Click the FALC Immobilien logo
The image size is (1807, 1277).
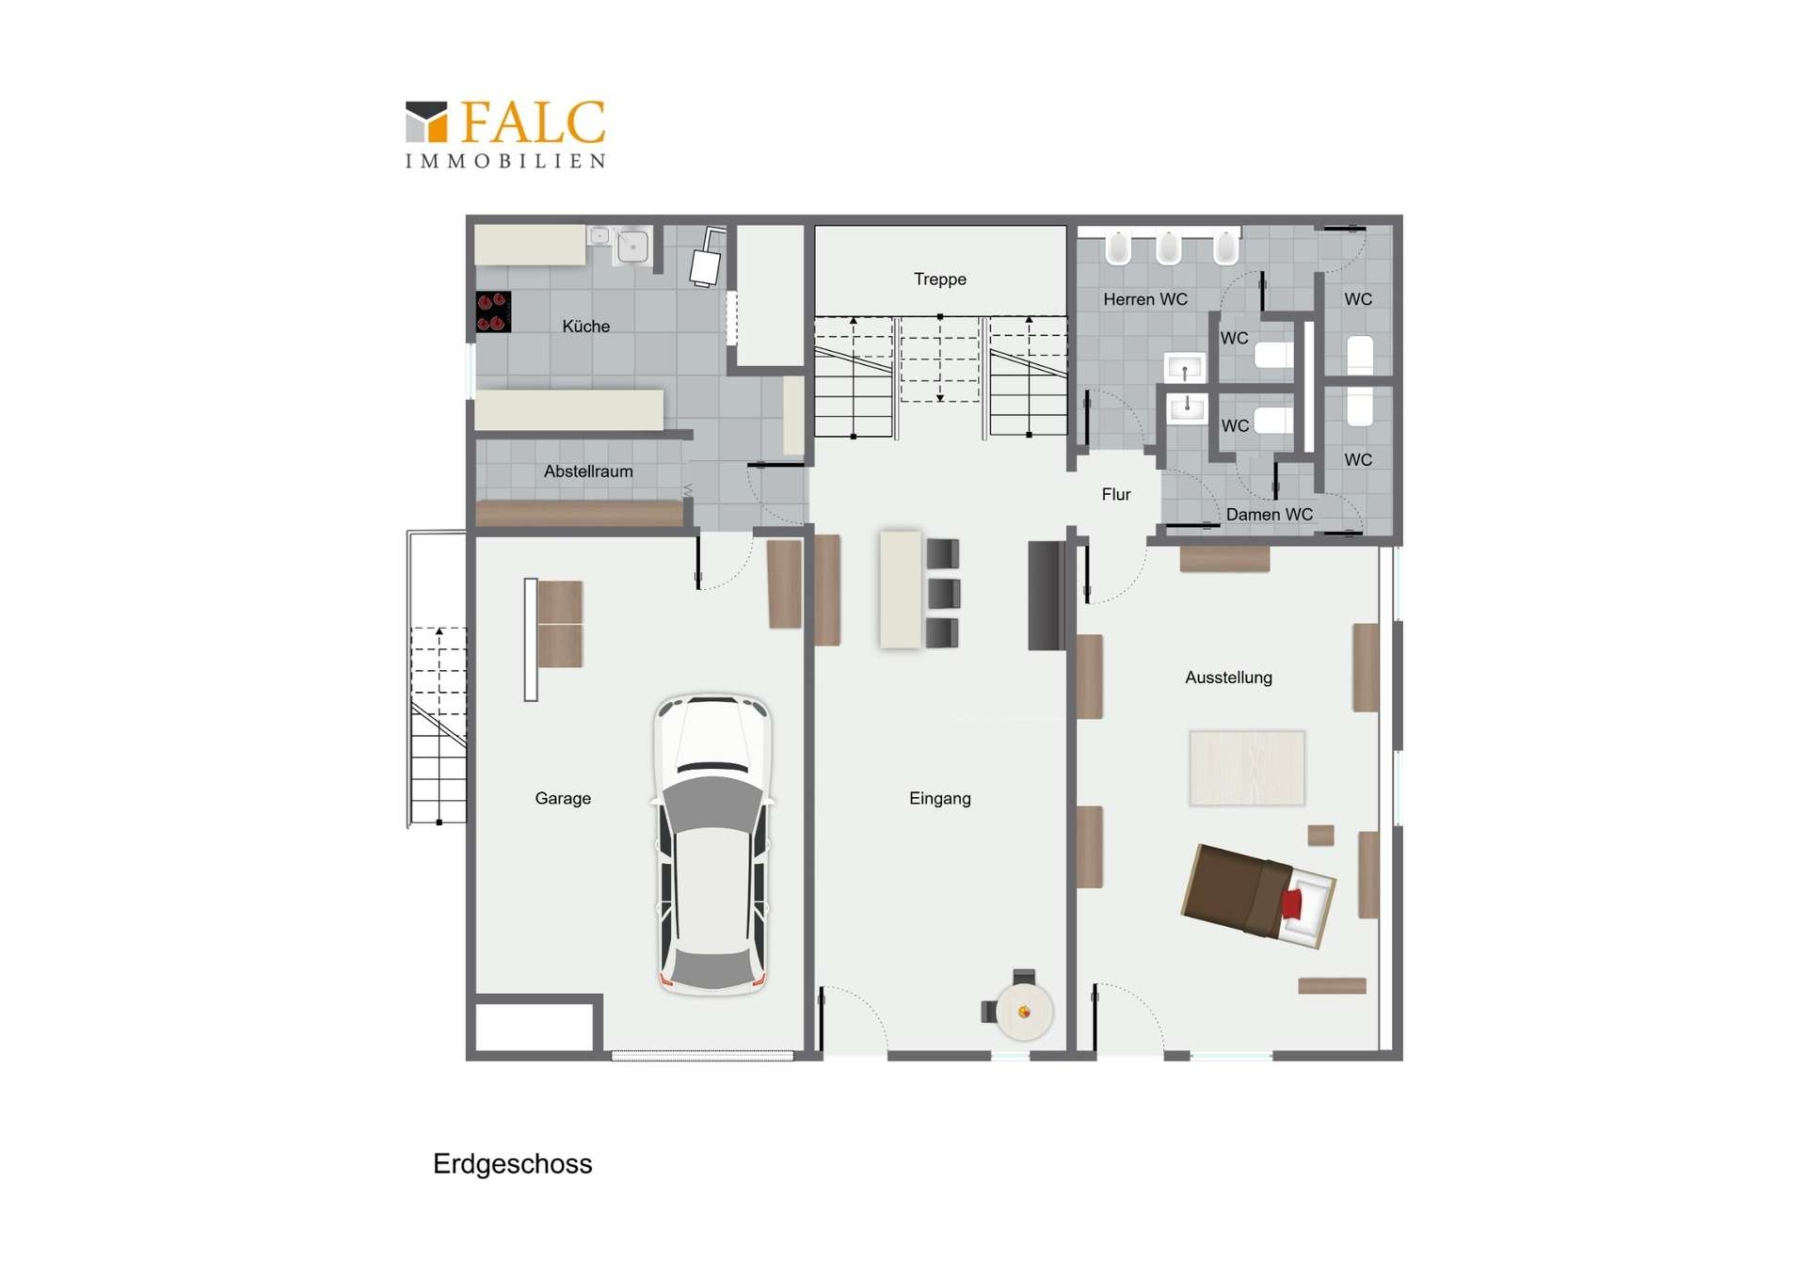pyautogui.click(x=505, y=135)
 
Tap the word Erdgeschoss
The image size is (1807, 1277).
pyautogui.click(x=512, y=1164)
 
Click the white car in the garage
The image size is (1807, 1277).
pyautogui.click(x=713, y=845)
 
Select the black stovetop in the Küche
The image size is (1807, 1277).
pyautogui.click(x=493, y=311)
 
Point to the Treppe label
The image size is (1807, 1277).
pyautogui.click(x=939, y=279)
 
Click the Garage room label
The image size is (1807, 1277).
pyautogui.click(x=563, y=798)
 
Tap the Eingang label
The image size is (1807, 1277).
pyautogui.click(x=939, y=798)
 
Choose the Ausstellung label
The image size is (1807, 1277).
pyautogui.click(x=1228, y=678)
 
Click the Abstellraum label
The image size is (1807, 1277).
pyautogui.click(x=588, y=471)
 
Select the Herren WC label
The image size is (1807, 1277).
pyautogui.click(x=1145, y=299)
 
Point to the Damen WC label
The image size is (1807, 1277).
pyautogui.click(x=1269, y=515)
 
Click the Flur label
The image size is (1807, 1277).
pyautogui.click(x=1116, y=494)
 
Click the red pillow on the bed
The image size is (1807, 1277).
pyautogui.click(x=1291, y=903)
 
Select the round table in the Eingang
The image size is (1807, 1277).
pyautogui.click(x=1024, y=1012)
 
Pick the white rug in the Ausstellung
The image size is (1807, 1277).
pyautogui.click(x=1247, y=768)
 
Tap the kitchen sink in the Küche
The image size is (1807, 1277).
pyautogui.click(x=632, y=247)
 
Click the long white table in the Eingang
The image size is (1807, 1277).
pyautogui.click(x=901, y=590)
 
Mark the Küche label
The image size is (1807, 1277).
pyautogui.click(x=585, y=327)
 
